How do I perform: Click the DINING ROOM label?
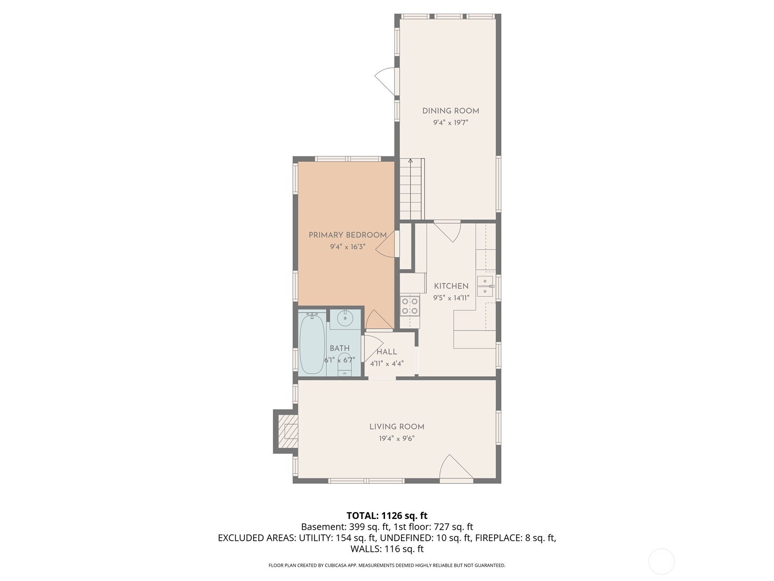pos(451,111)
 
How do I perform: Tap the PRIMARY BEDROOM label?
pos(348,235)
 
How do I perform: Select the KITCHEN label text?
pos(451,286)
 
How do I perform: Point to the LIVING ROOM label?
pos(397,427)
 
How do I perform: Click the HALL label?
pos(387,352)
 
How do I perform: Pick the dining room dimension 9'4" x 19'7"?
pos(451,123)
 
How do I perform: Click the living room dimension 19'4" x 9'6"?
pos(397,439)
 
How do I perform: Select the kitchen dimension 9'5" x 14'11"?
pos(451,298)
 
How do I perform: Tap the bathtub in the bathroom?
pos(312,344)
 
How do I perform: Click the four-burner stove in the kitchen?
pos(410,306)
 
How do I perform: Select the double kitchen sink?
pos(486,286)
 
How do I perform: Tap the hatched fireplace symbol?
pos(288,431)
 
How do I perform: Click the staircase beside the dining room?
pos(412,189)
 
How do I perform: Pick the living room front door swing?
pos(456,467)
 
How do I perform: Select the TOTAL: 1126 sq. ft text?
pos(387,516)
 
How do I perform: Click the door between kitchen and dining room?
pos(447,231)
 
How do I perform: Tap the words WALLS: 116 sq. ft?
pos(387,549)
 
